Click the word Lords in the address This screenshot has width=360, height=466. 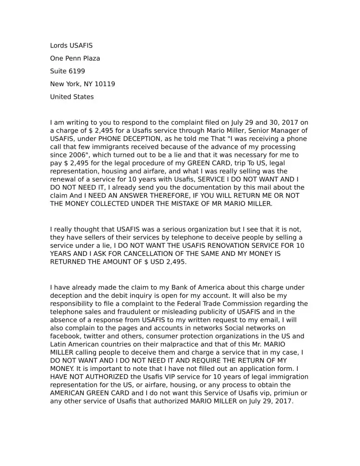tap(59, 46)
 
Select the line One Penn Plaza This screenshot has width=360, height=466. tap(75, 59)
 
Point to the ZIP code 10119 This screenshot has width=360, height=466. tap(105, 84)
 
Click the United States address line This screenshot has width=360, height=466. tap(72, 97)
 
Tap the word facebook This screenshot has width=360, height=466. tap(66, 336)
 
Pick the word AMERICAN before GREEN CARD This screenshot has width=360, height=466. tap(73, 393)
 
